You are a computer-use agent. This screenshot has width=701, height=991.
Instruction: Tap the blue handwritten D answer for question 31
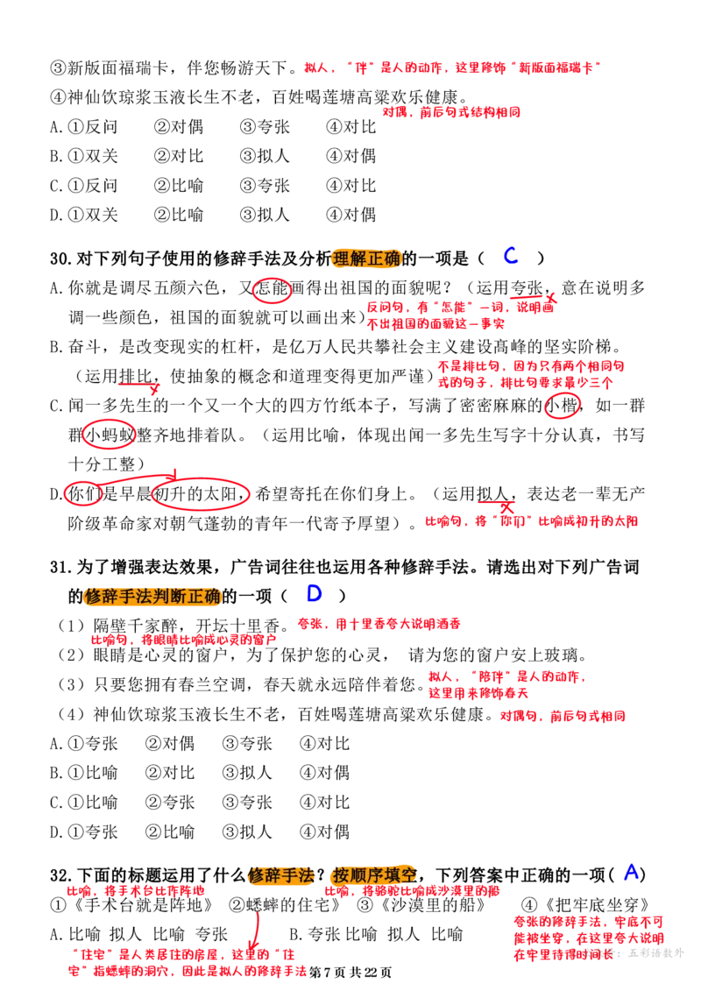(x=315, y=593)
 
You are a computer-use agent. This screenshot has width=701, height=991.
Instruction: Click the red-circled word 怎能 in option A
(x=272, y=289)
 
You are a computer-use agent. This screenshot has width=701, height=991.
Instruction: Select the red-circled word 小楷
(x=562, y=405)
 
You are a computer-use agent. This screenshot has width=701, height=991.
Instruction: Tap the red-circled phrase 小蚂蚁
(x=109, y=435)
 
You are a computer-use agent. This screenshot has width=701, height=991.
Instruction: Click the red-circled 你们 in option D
(x=83, y=493)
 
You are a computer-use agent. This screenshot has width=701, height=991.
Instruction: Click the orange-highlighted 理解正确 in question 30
(x=366, y=258)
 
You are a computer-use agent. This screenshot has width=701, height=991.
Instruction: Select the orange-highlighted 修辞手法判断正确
(x=152, y=596)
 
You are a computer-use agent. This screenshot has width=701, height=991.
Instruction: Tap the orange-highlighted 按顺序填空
(x=374, y=875)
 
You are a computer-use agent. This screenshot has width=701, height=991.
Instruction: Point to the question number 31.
(x=60, y=567)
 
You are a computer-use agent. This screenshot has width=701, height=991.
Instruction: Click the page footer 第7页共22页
(x=350, y=972)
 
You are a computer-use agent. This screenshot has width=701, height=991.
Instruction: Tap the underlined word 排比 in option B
(x=136, y=376)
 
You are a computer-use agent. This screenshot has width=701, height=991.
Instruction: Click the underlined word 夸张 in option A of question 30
(x=526, y=288)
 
